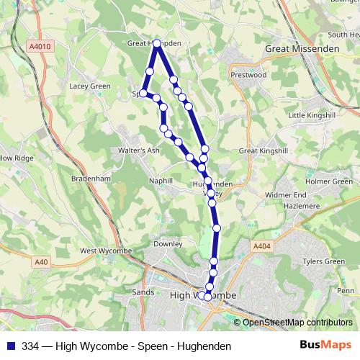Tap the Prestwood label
248,74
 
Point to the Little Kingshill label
312,115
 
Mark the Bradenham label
90,177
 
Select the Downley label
168,244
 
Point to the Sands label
143,292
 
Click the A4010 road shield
40,46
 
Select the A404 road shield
262,246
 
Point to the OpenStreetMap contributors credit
297,323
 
